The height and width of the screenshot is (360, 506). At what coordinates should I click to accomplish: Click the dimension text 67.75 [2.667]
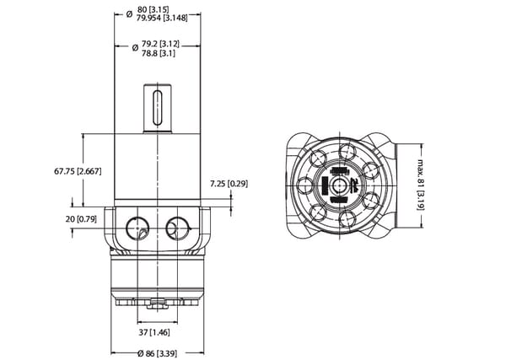click(78, 171)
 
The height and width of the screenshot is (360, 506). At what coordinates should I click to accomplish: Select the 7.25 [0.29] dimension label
click(229, 184)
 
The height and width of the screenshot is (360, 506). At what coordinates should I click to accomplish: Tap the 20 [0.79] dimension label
click(81, 219)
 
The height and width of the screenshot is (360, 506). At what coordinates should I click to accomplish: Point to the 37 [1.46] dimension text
click(154, 332)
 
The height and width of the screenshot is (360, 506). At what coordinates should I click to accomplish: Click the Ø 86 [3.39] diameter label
click(157, 353)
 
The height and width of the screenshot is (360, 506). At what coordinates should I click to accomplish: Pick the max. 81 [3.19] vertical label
click(421, 185)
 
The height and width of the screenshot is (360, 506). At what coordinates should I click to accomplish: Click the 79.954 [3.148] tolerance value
click(162, 18)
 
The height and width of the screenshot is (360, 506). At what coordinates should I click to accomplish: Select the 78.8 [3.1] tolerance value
click(159, 53)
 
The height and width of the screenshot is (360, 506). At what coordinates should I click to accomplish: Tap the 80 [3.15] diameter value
click(153, 9)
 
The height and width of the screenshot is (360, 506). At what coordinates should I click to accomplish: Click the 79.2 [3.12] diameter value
click(160, 44)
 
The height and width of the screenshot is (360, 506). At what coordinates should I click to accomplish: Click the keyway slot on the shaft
click(158, 108)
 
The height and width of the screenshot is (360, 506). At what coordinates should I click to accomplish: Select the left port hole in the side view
click(137, 228)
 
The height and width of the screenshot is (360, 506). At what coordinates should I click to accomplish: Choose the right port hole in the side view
click(177, 228)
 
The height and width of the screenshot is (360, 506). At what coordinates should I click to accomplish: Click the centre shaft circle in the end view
click(339, 185)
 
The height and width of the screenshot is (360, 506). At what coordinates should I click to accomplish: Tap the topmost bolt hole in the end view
click(347, 152)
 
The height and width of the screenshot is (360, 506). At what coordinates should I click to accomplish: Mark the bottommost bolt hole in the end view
click(347, 218)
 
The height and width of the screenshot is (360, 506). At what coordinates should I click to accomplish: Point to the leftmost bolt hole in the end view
click(304, 185)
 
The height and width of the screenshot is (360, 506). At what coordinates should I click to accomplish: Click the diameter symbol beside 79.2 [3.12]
click(135, 48)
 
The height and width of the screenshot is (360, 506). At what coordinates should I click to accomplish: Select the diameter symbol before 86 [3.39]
click(140, 353)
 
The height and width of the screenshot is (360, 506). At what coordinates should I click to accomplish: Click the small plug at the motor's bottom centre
click(158, 304)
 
